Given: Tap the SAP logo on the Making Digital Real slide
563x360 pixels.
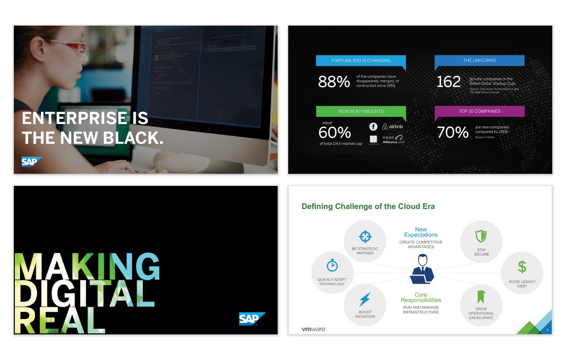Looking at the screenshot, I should pyautogui.click(x=252, y=319).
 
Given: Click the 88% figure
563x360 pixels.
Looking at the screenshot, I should pyautogui.click(x=334, y=81).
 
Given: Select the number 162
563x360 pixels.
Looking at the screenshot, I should pyautogui.click(x=448, y=81).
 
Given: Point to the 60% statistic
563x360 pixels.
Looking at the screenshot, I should pyautogui.click(x=334, y=133).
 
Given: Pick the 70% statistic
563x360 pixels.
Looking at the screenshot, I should pyautogui.click(x=452, y=133).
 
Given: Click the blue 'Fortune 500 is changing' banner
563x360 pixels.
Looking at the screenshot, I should pyautogui.click(x=361, y=61).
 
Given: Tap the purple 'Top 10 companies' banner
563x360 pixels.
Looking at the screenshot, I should pyautogui.click(x=480, y=111).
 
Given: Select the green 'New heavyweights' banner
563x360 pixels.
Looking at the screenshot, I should pyautogui.click(x=361, y=111).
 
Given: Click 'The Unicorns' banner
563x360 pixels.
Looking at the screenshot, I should pyautogui.click(x=480, y=61).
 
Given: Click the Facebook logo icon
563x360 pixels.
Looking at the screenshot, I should pyautogui.click(x=373, y=126).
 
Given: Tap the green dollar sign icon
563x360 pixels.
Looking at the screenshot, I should pyautogui.click(x=522, y=267).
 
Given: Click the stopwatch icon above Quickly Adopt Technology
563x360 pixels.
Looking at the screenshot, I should pyautogui.click(x=332, y=265).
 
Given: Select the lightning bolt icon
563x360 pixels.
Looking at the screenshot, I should pyautogui.click(x=364, y=299).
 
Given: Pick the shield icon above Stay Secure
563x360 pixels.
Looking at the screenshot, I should pyautogui.click(x=481, y=236).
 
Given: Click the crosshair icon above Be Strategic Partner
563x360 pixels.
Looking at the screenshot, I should pyautogui.click(x=365, y=236).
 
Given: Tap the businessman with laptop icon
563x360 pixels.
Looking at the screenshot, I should pyautogui.click(x=422, y=269).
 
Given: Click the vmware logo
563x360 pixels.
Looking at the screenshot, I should pyautogui.click(x=313, y=329).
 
